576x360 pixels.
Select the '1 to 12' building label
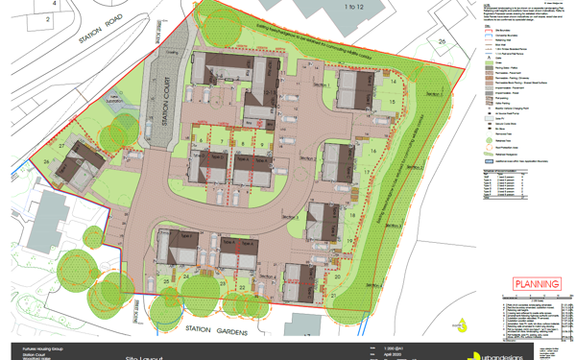(x=328, y=7)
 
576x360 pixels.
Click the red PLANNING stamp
(x=536, y=284)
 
